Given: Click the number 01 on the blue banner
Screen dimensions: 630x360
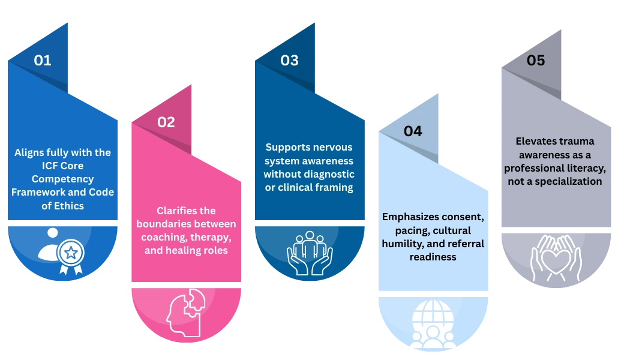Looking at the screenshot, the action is (x=43, y=60).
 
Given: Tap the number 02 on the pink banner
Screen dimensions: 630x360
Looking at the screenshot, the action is (x=166, y=122).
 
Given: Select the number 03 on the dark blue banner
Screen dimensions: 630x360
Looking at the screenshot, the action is (x=289, y=60).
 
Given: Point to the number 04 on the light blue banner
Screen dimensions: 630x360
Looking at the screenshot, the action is (x=413, y=131).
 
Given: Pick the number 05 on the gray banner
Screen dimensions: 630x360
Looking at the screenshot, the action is (x=536, y=60).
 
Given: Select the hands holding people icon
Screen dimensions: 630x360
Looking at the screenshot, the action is (x=310, y=253).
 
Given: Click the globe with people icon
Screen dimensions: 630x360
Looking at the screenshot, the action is (x=433, y=324).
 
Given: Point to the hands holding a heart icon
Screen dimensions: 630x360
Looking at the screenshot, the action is (x=556, y=258).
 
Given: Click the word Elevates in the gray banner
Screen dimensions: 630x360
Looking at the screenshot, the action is (x=535, y=141).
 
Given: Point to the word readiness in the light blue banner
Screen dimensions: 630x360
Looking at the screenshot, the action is (x=433, y=257).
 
